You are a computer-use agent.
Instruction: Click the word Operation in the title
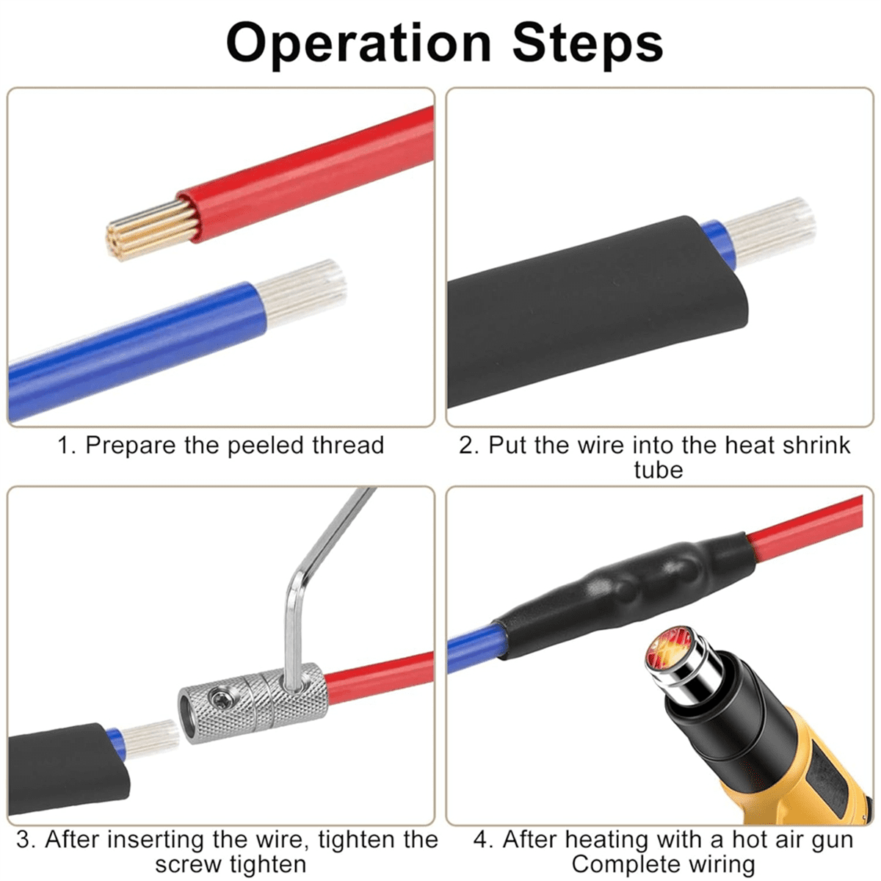tap(358, 43)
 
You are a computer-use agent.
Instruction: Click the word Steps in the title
tap(587, 43)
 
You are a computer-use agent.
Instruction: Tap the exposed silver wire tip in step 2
tap(771, 232)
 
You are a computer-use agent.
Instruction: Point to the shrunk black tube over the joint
tap(624, 587)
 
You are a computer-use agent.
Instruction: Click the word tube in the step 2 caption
tap(658, 470)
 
